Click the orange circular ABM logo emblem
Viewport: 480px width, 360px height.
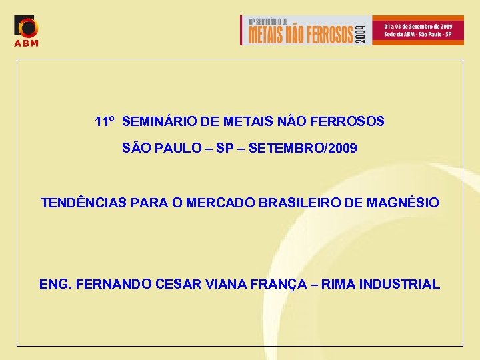(x=27, y=27)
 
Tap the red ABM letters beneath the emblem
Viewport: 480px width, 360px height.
(x=27, y=44)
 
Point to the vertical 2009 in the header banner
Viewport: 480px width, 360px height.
(x=361, y=31)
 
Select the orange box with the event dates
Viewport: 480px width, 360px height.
(x=417, y=30)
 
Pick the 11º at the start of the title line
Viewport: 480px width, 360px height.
(x=105, y=122)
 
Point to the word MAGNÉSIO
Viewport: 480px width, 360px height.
(x=403, y=203)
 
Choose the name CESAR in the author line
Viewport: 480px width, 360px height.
(x=177, y=285)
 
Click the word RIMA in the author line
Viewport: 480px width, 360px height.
(x=338, y=285)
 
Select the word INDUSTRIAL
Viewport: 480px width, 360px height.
(x=399, y=285)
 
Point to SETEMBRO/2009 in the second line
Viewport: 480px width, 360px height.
(x=303, y=148)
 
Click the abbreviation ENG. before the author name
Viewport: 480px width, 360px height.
(x=55, y=285)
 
